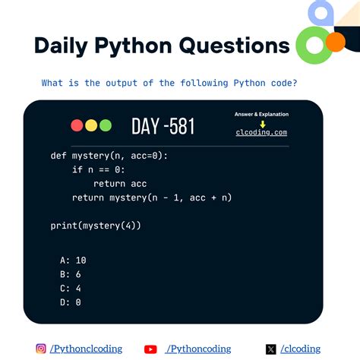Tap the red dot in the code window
click(77, 125)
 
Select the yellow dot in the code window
click(91, 125)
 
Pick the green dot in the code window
click(105, 125)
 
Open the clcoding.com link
click(261, 132)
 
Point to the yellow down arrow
click(262, 123)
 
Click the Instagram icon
click(41, 349)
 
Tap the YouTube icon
click(150, 349)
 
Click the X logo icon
click(271, 349)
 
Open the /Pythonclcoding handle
click(86, 349)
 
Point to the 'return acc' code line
click(120, 184)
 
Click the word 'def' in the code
click(58, 156)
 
